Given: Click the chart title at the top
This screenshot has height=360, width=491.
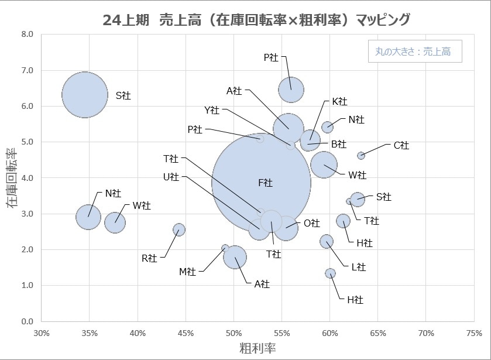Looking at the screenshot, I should [x=256, y=19].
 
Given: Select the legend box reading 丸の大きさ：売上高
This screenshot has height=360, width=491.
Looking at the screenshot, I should [x=413, y=52].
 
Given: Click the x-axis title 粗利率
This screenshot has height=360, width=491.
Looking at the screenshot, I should [x=257, y=348].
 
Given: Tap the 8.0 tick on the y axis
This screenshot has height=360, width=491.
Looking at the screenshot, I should [x=28, y=34].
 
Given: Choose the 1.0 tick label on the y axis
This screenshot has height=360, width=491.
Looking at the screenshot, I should [x=28, y=286].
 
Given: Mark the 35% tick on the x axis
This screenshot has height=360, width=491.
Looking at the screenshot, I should [x=89, y=333].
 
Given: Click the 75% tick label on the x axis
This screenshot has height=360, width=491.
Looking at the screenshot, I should [x=474, y=333].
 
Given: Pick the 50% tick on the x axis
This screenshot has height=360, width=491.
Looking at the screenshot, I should [x=234, y=333].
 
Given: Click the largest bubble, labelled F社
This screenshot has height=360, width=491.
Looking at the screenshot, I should [x=261, y=182].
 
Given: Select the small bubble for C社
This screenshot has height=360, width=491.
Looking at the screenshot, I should [x=361, y=155].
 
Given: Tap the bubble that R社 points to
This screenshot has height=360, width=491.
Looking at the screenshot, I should [x=179, y=229].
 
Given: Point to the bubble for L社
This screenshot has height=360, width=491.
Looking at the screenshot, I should [x=327, y=241].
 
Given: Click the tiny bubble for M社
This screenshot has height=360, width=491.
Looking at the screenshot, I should [x=225, y=248].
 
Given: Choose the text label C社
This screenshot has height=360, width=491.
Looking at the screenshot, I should [x=401, y=145].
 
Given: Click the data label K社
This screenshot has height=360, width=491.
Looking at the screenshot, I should [x=339, y=101].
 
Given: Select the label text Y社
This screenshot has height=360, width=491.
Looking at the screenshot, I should [x=212, y=109].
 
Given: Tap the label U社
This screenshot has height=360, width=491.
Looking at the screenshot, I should [x=171, y=177].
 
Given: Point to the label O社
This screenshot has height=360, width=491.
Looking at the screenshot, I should [x=312, y=223].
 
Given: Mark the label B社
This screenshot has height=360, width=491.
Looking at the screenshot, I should [x=339, y=144].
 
